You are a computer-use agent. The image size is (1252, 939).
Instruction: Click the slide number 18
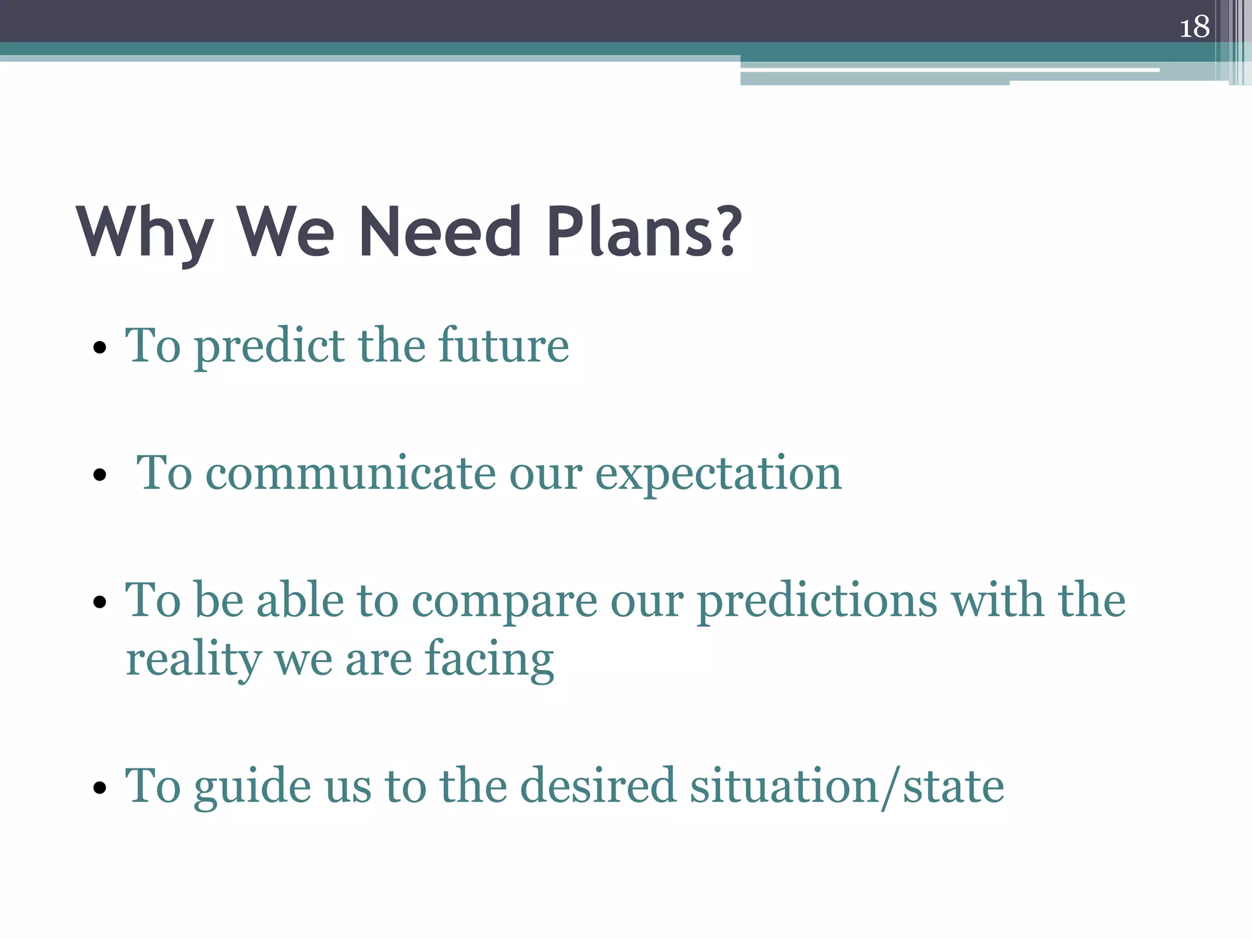click(x=1194, y=28)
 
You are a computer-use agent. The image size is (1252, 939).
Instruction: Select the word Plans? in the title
click(x=644, y=232)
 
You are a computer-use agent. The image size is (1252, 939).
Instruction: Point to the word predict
click(x=269, y=347)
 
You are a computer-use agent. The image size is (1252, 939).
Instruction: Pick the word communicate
click(x=350, y=474)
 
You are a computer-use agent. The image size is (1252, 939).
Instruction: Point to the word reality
click(x=193, y=660)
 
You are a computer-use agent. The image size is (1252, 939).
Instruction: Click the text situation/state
click(x=847, y=787)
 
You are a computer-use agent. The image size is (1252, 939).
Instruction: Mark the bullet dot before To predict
click(x=100, y=349)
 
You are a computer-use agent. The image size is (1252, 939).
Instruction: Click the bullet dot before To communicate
click(x=100, y=475)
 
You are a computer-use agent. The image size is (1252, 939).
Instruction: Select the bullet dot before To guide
click(x=100, y=788)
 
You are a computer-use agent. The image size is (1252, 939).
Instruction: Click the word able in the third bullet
click(x=300, y=601)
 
